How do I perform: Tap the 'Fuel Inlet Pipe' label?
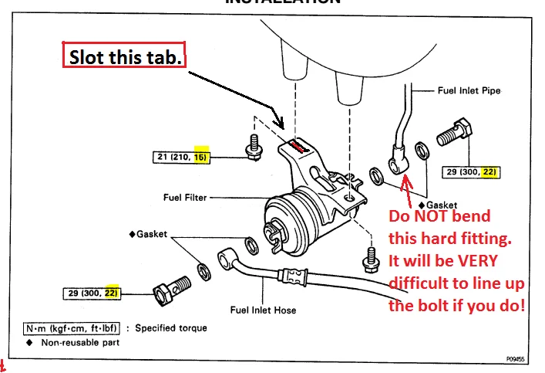469,90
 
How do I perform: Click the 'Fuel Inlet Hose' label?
264,310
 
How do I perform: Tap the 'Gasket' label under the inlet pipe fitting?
435,205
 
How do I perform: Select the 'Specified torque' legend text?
171,328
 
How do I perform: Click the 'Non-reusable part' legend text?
80,342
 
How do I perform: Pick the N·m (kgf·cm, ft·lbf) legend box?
69,328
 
